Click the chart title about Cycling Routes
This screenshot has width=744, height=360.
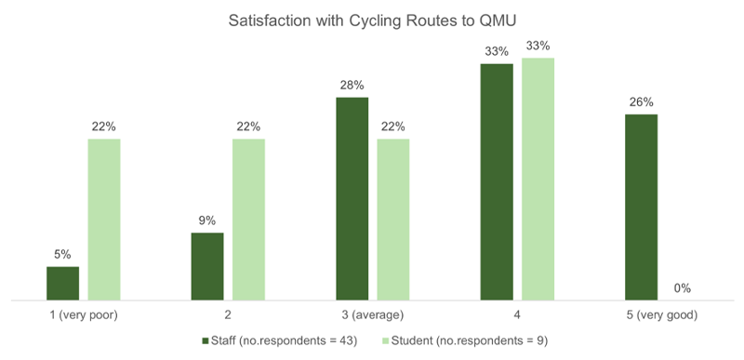click(372, 20)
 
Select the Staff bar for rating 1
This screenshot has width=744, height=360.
click(62, 283)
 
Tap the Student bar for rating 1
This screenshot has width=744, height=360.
click(104, 220)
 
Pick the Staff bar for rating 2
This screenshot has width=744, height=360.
click(207, 266)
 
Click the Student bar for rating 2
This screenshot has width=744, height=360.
click(248, 220)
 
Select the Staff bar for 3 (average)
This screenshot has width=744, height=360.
click(352, 198)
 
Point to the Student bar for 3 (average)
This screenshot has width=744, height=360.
click(393, 220)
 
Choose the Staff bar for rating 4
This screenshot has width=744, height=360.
click(497, 182)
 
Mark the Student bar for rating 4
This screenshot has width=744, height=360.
click(538, 180)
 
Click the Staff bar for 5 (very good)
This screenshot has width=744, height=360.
click(642, 207)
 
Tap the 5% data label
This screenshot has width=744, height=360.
click(62, 254)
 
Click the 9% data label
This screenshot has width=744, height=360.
click(207, 220)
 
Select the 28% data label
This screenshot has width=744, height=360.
click(352, 85)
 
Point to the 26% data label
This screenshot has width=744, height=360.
click(642, 102)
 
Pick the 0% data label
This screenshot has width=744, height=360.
click(684, 288)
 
